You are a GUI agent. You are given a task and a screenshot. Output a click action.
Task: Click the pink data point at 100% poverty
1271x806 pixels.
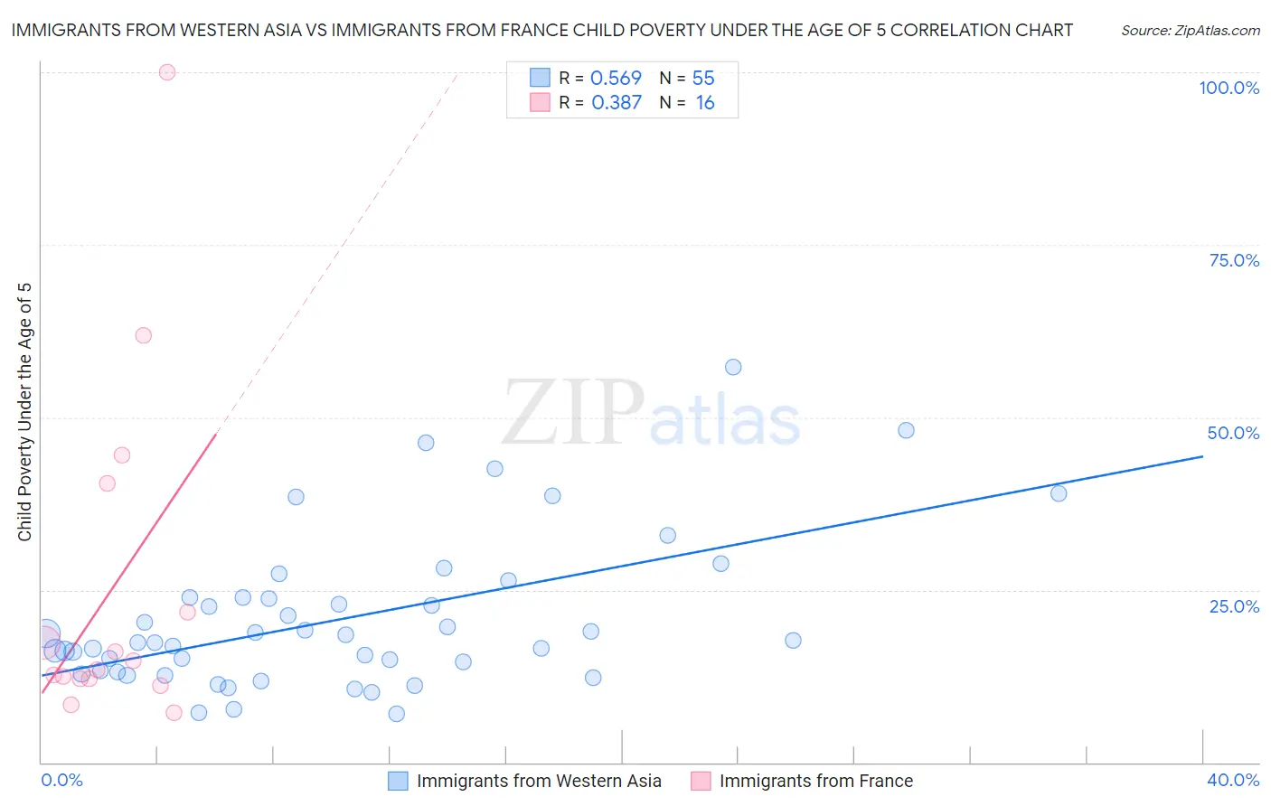click(167, 72)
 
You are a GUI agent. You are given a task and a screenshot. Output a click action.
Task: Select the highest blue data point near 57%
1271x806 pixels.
click(733, 367)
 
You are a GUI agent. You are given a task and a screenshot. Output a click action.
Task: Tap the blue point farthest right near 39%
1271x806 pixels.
click(1059, 493)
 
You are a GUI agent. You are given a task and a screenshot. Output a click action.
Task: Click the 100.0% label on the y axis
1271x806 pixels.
click(1229, 88)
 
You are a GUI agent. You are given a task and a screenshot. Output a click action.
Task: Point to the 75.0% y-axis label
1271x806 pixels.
click(1234, 260)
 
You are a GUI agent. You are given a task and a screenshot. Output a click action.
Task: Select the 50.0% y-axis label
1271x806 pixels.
click(1233, 433)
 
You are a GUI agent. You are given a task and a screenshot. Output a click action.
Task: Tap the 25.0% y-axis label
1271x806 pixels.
click(1234, 606)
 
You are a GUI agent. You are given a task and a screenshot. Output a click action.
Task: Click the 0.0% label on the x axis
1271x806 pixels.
click(62, 780)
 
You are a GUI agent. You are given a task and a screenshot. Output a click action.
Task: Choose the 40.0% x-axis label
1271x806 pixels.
click(1233, 780)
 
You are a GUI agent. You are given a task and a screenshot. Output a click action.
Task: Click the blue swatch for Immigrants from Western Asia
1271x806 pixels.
click(398, 781)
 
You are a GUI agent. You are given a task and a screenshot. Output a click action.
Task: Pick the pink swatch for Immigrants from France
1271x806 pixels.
click(701, 781)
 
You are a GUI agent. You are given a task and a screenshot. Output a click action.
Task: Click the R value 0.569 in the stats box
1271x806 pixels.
click(616, 79)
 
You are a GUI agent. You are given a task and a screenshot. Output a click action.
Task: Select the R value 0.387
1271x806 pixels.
click(617, 103)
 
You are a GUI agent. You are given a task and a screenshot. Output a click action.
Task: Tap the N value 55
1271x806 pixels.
click(703, 79)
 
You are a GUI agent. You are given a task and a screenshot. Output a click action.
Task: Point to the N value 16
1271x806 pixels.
click(705, 103)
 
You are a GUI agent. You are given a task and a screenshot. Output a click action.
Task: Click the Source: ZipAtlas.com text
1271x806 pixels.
click(1190, 31)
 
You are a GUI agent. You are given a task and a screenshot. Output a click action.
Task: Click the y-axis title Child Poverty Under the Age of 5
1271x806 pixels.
click(25, 412)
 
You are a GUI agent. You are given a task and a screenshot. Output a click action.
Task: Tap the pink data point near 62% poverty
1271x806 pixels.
click(143, 335)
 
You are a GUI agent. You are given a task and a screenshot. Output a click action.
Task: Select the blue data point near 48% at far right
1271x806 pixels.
click(906, 430)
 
